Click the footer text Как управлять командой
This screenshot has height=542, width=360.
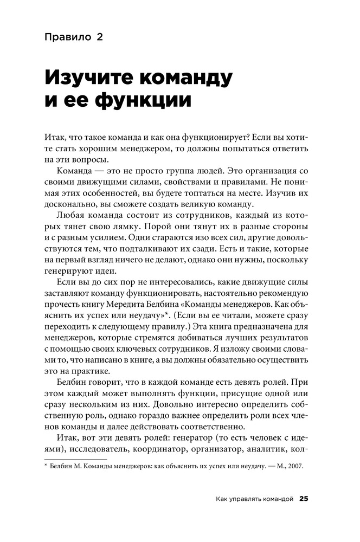254,499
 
